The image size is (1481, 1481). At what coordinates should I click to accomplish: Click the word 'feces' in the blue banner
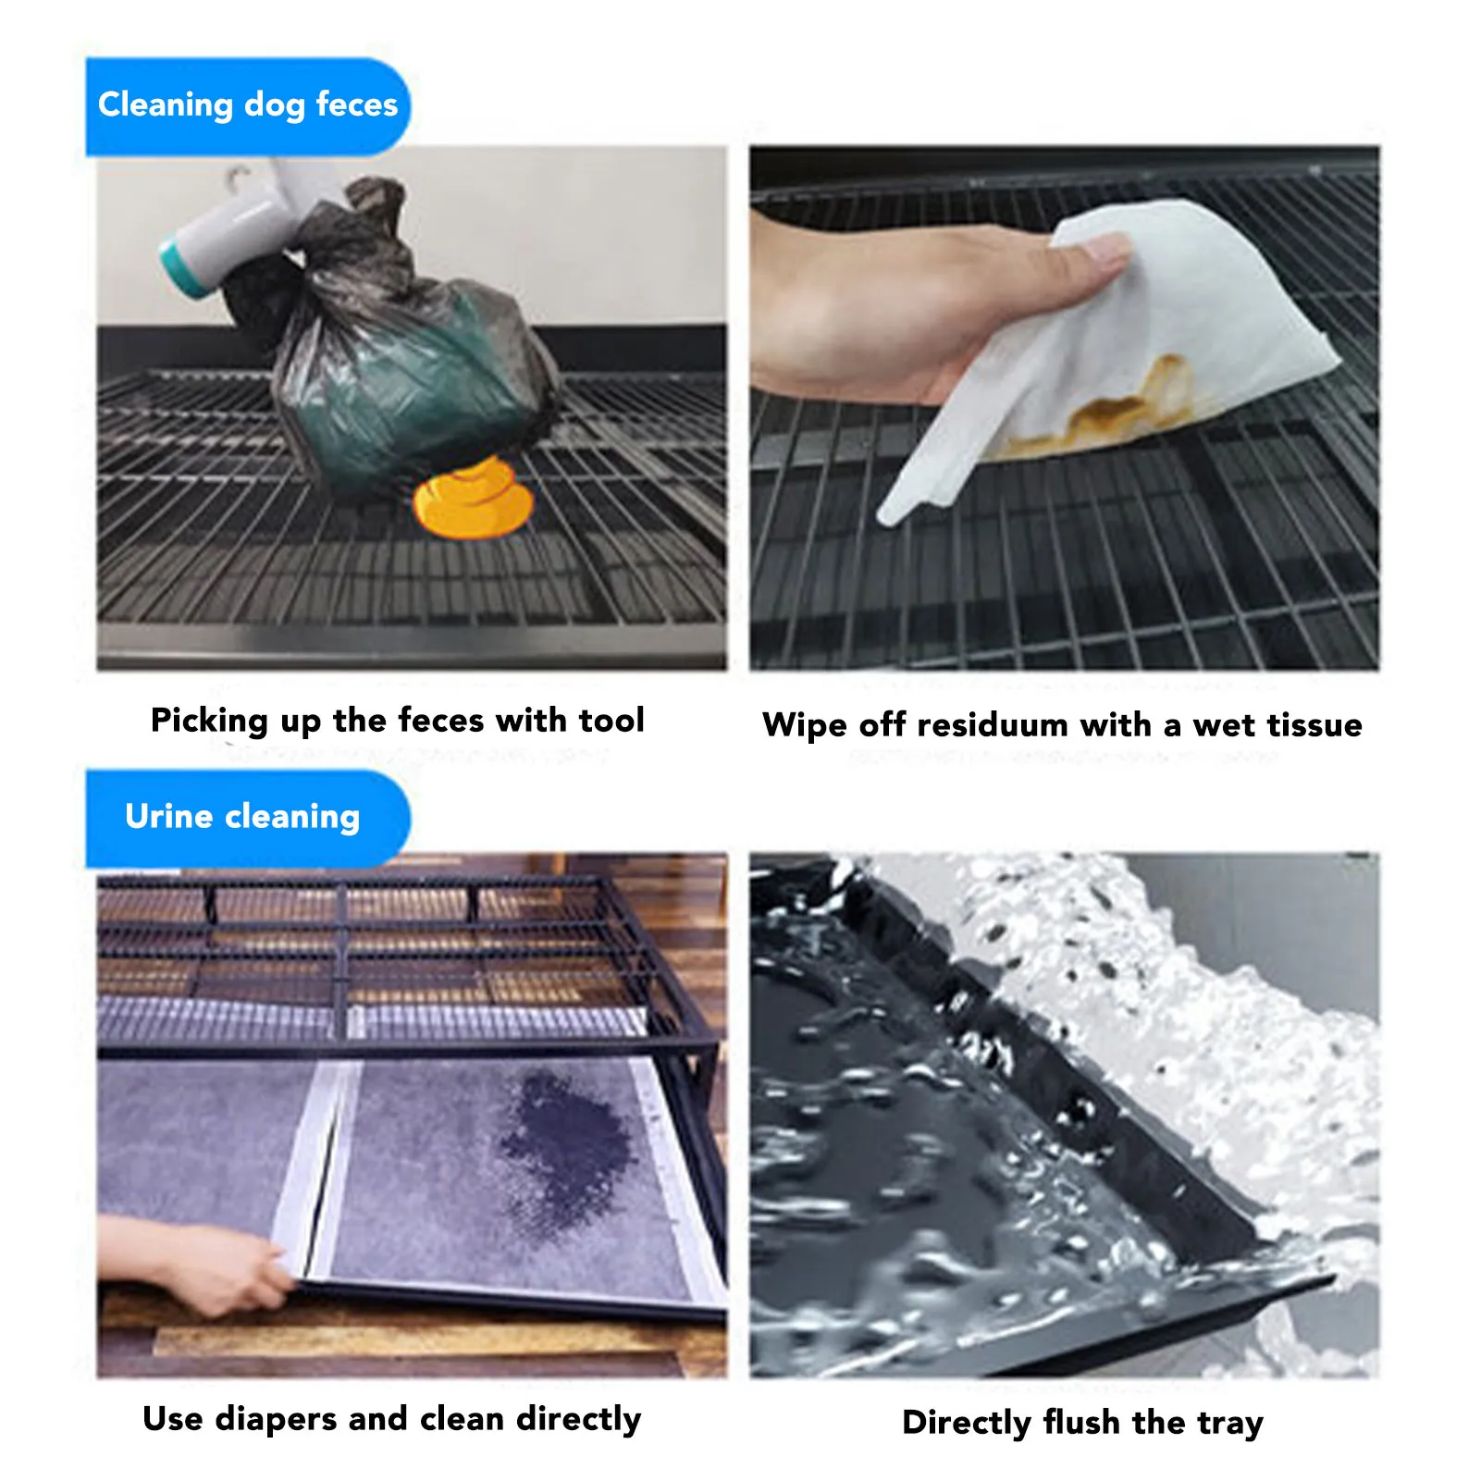(356, 105)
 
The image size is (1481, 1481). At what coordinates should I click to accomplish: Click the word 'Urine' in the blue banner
(169, 816)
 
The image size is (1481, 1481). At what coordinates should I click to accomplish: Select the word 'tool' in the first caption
(611, 720)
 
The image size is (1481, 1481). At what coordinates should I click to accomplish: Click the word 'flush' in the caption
(1081, 1422)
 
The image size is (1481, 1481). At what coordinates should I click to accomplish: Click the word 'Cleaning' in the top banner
(165, 105)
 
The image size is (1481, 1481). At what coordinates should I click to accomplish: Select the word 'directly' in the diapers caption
(578, 1418)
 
